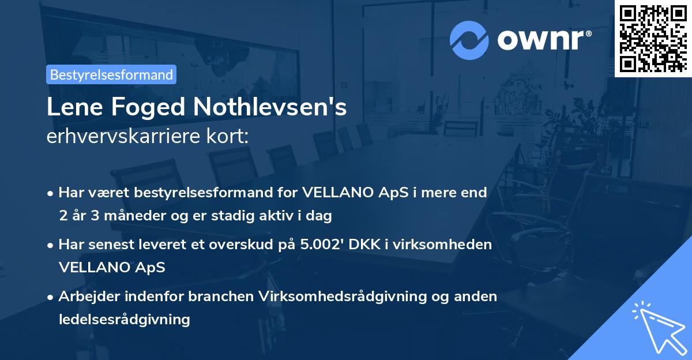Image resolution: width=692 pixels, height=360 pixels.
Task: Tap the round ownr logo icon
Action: pos(469,40)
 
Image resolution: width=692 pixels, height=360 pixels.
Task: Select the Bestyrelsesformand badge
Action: pos(111,74)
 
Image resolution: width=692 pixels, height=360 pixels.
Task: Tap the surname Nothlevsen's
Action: pos(270,107)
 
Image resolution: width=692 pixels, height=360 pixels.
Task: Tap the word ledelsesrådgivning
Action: pos(124,319)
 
